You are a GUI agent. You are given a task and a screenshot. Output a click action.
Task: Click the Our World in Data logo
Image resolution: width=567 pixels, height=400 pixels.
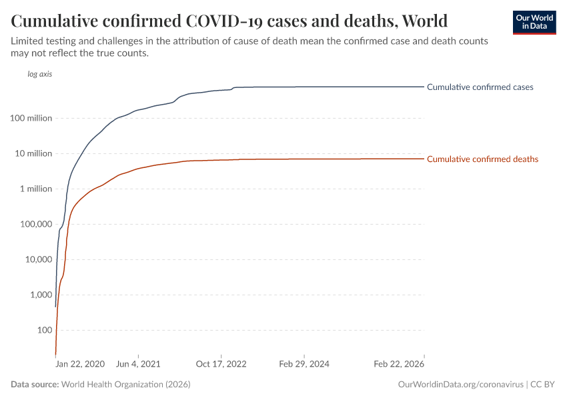click(534, 22)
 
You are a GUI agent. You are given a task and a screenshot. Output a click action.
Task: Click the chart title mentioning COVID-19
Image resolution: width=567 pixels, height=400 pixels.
click(229, 20)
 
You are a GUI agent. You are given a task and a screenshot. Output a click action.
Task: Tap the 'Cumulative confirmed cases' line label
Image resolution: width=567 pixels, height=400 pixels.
click(480, 87)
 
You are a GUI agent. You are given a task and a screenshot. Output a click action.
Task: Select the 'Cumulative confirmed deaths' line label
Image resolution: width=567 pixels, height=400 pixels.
click(482, 159)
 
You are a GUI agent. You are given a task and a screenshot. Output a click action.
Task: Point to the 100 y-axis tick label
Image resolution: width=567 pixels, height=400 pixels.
click(44, 331)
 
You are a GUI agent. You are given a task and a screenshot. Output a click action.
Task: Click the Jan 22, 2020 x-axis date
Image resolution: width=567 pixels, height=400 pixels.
click(80, 365)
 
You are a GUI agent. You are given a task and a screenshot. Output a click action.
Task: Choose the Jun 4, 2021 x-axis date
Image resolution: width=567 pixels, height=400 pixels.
click(138, 365)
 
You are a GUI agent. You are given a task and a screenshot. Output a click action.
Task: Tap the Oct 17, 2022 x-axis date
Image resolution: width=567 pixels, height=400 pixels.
click(221, 365)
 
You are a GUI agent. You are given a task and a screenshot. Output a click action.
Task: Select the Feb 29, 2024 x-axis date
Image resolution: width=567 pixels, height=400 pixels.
click(304, 365)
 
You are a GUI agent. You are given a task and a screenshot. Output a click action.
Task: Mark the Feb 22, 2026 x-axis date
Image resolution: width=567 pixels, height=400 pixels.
click(398, 365)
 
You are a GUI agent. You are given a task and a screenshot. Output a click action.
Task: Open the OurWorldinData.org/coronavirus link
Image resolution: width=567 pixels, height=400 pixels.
click(460, 385)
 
